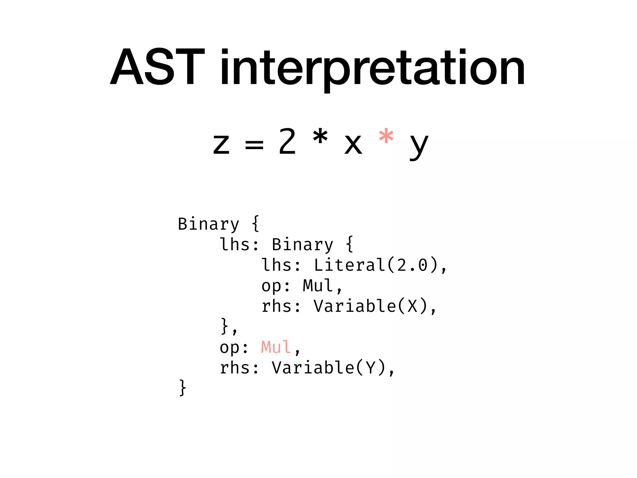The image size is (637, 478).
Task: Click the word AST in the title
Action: (x=157, y=67)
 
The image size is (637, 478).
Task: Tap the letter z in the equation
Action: (x=221, y=144)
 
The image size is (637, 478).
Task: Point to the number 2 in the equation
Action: (x=287, y=142)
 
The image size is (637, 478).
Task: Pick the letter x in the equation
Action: (x=353, y=144)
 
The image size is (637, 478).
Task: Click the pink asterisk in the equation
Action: (x=386, y=137)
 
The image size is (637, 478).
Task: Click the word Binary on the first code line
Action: (x=208, y=224)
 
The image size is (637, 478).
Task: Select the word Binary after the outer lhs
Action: (x=302, y=245)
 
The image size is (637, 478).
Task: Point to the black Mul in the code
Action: (x=318, y=286)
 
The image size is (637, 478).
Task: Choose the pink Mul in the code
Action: (x=276, y=347)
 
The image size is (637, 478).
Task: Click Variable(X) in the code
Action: (x=370, y=306)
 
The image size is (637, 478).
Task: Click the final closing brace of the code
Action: (x=183, y=388)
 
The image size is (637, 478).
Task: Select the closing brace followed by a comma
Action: (x=225, y=326)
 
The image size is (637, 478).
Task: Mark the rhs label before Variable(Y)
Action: (x=235, y=368)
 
